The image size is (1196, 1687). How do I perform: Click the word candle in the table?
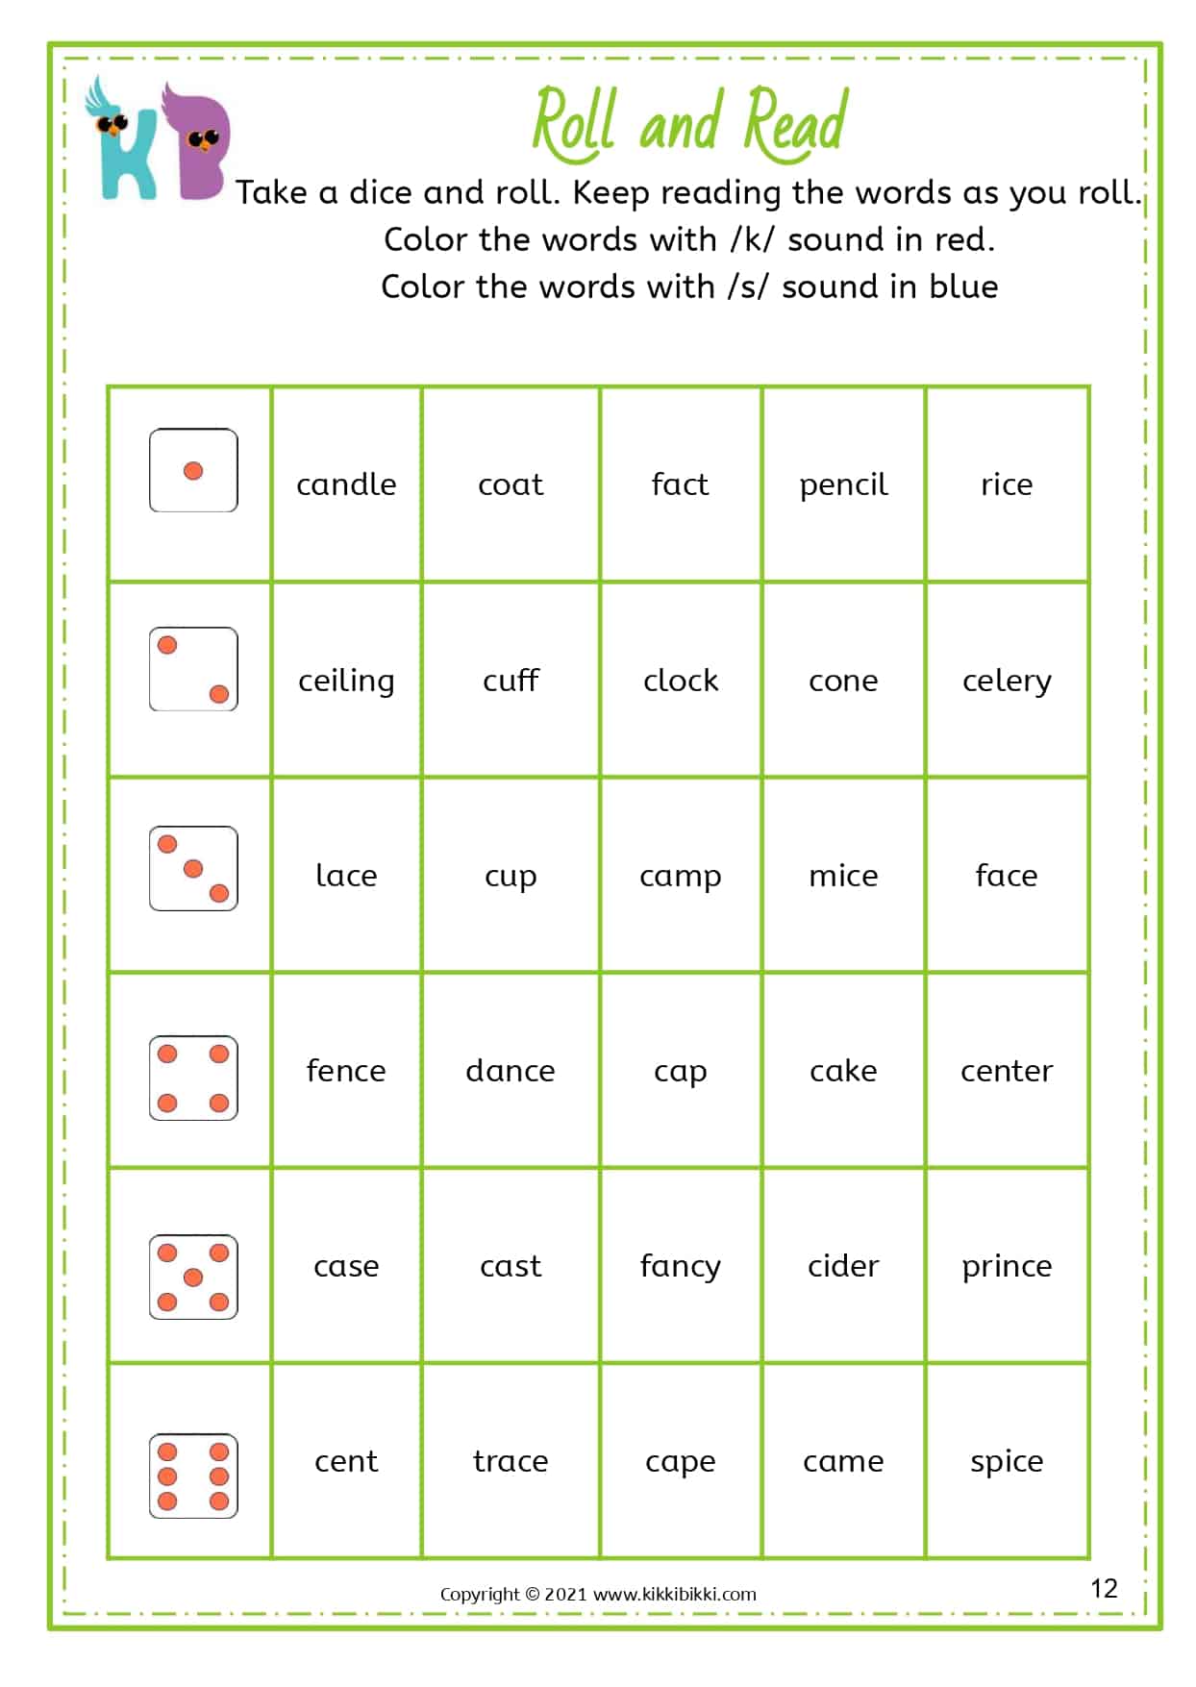point(346,484)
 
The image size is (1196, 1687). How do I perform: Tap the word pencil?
point(843,484)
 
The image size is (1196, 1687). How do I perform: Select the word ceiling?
point(346,681)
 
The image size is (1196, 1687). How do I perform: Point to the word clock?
point(681,681)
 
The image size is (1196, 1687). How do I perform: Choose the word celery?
point(1007,681)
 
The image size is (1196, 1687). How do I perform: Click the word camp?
point(681,877)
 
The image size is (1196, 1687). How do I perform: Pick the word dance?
point(511,1071)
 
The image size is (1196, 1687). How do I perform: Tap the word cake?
point(843,1071)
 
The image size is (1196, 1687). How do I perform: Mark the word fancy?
point(681,1267)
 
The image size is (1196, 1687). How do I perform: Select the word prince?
point(1007,1267)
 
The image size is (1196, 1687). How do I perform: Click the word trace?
point(511,1461)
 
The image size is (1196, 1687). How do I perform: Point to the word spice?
point(1007,1462)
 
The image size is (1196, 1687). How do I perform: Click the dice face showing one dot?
point(193,470)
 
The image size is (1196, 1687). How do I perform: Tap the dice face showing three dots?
point(193,868)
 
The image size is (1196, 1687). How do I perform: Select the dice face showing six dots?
point(193,1476)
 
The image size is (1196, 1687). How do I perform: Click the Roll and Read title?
point(690,123)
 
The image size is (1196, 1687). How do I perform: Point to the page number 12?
point(1104,1588)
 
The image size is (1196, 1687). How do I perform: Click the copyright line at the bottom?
point(598,1594)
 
